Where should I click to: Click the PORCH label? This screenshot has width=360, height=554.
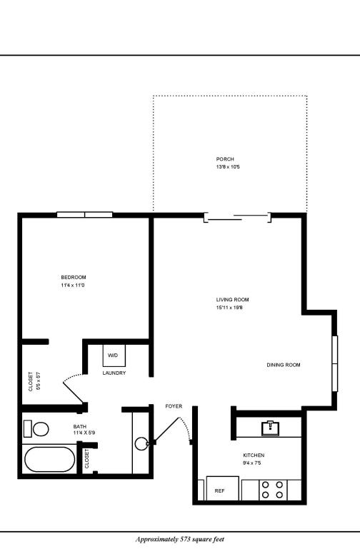tap(225, 159)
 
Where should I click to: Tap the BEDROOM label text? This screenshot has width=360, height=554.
tap(74, 277)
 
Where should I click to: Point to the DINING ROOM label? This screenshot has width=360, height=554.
tap(284, 365)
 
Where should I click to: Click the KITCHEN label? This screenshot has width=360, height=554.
tap(254, 455)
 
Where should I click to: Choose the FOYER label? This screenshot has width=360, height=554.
tap(174, 406)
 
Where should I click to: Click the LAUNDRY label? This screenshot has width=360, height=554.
tap(114, 373)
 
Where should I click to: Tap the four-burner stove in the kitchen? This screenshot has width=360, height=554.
tap(271, 490)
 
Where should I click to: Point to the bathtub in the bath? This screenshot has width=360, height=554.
tap(49, 460)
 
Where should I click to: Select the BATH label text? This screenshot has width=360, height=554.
tap(79, 426)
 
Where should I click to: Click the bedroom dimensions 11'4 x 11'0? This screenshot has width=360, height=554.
tap(74, 286)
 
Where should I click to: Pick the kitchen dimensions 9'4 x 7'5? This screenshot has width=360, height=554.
tap(254, 463)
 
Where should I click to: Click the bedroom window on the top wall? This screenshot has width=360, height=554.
tap(85, 214)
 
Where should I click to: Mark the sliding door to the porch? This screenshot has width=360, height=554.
tap(237, 216)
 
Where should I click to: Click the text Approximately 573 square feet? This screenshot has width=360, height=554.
tap(179, 540)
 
